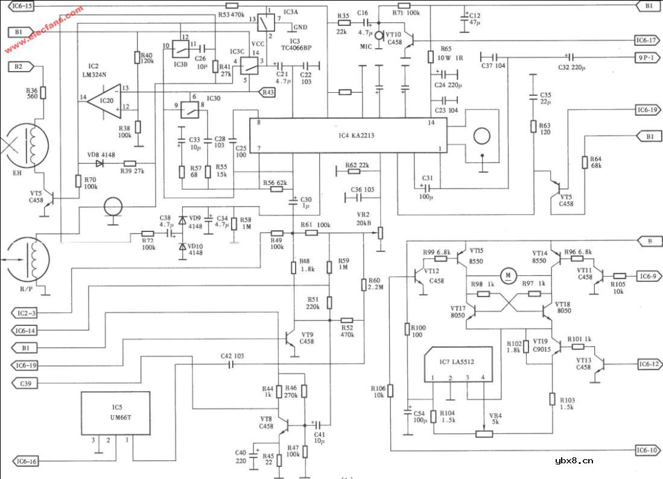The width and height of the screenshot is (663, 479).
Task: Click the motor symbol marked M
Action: tap(509, 275)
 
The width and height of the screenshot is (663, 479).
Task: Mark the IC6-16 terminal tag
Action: tap(26, 461)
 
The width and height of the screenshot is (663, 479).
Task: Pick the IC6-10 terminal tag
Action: tap(645, 450)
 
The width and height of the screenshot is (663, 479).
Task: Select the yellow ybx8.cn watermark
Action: tap(573, 461)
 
